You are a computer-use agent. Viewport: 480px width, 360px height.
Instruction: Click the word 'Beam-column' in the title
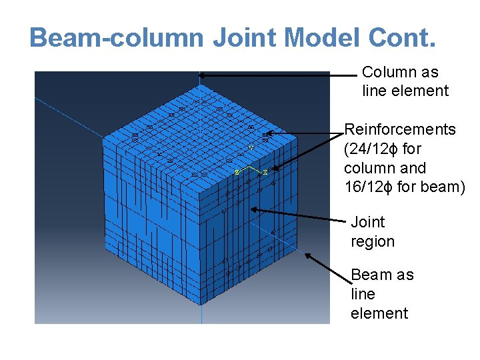click(x=117, y=38)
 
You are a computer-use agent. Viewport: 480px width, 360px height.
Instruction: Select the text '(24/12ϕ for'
click(x=383, y=149)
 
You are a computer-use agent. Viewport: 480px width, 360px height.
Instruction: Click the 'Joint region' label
click(x=373, y=231)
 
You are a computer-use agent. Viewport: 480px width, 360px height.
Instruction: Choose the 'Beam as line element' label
click(x=381, y=294)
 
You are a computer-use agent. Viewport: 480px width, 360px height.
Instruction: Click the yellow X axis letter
click(x=265, y=172)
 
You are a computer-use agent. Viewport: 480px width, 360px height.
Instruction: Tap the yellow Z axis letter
click(x=236, y=172)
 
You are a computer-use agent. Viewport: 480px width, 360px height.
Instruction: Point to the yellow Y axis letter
click(x=251, y=147)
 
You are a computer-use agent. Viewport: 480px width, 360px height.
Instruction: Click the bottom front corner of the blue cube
click(x=200, y=305)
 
